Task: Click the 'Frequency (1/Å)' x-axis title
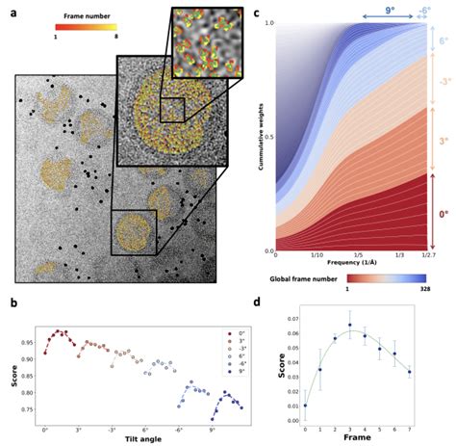[351, 261]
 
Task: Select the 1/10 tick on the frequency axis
[317, 254]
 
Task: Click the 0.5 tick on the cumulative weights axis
[268, 135]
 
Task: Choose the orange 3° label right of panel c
[443, 140]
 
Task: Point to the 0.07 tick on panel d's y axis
[291, 319]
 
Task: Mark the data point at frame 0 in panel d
[305, 406]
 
